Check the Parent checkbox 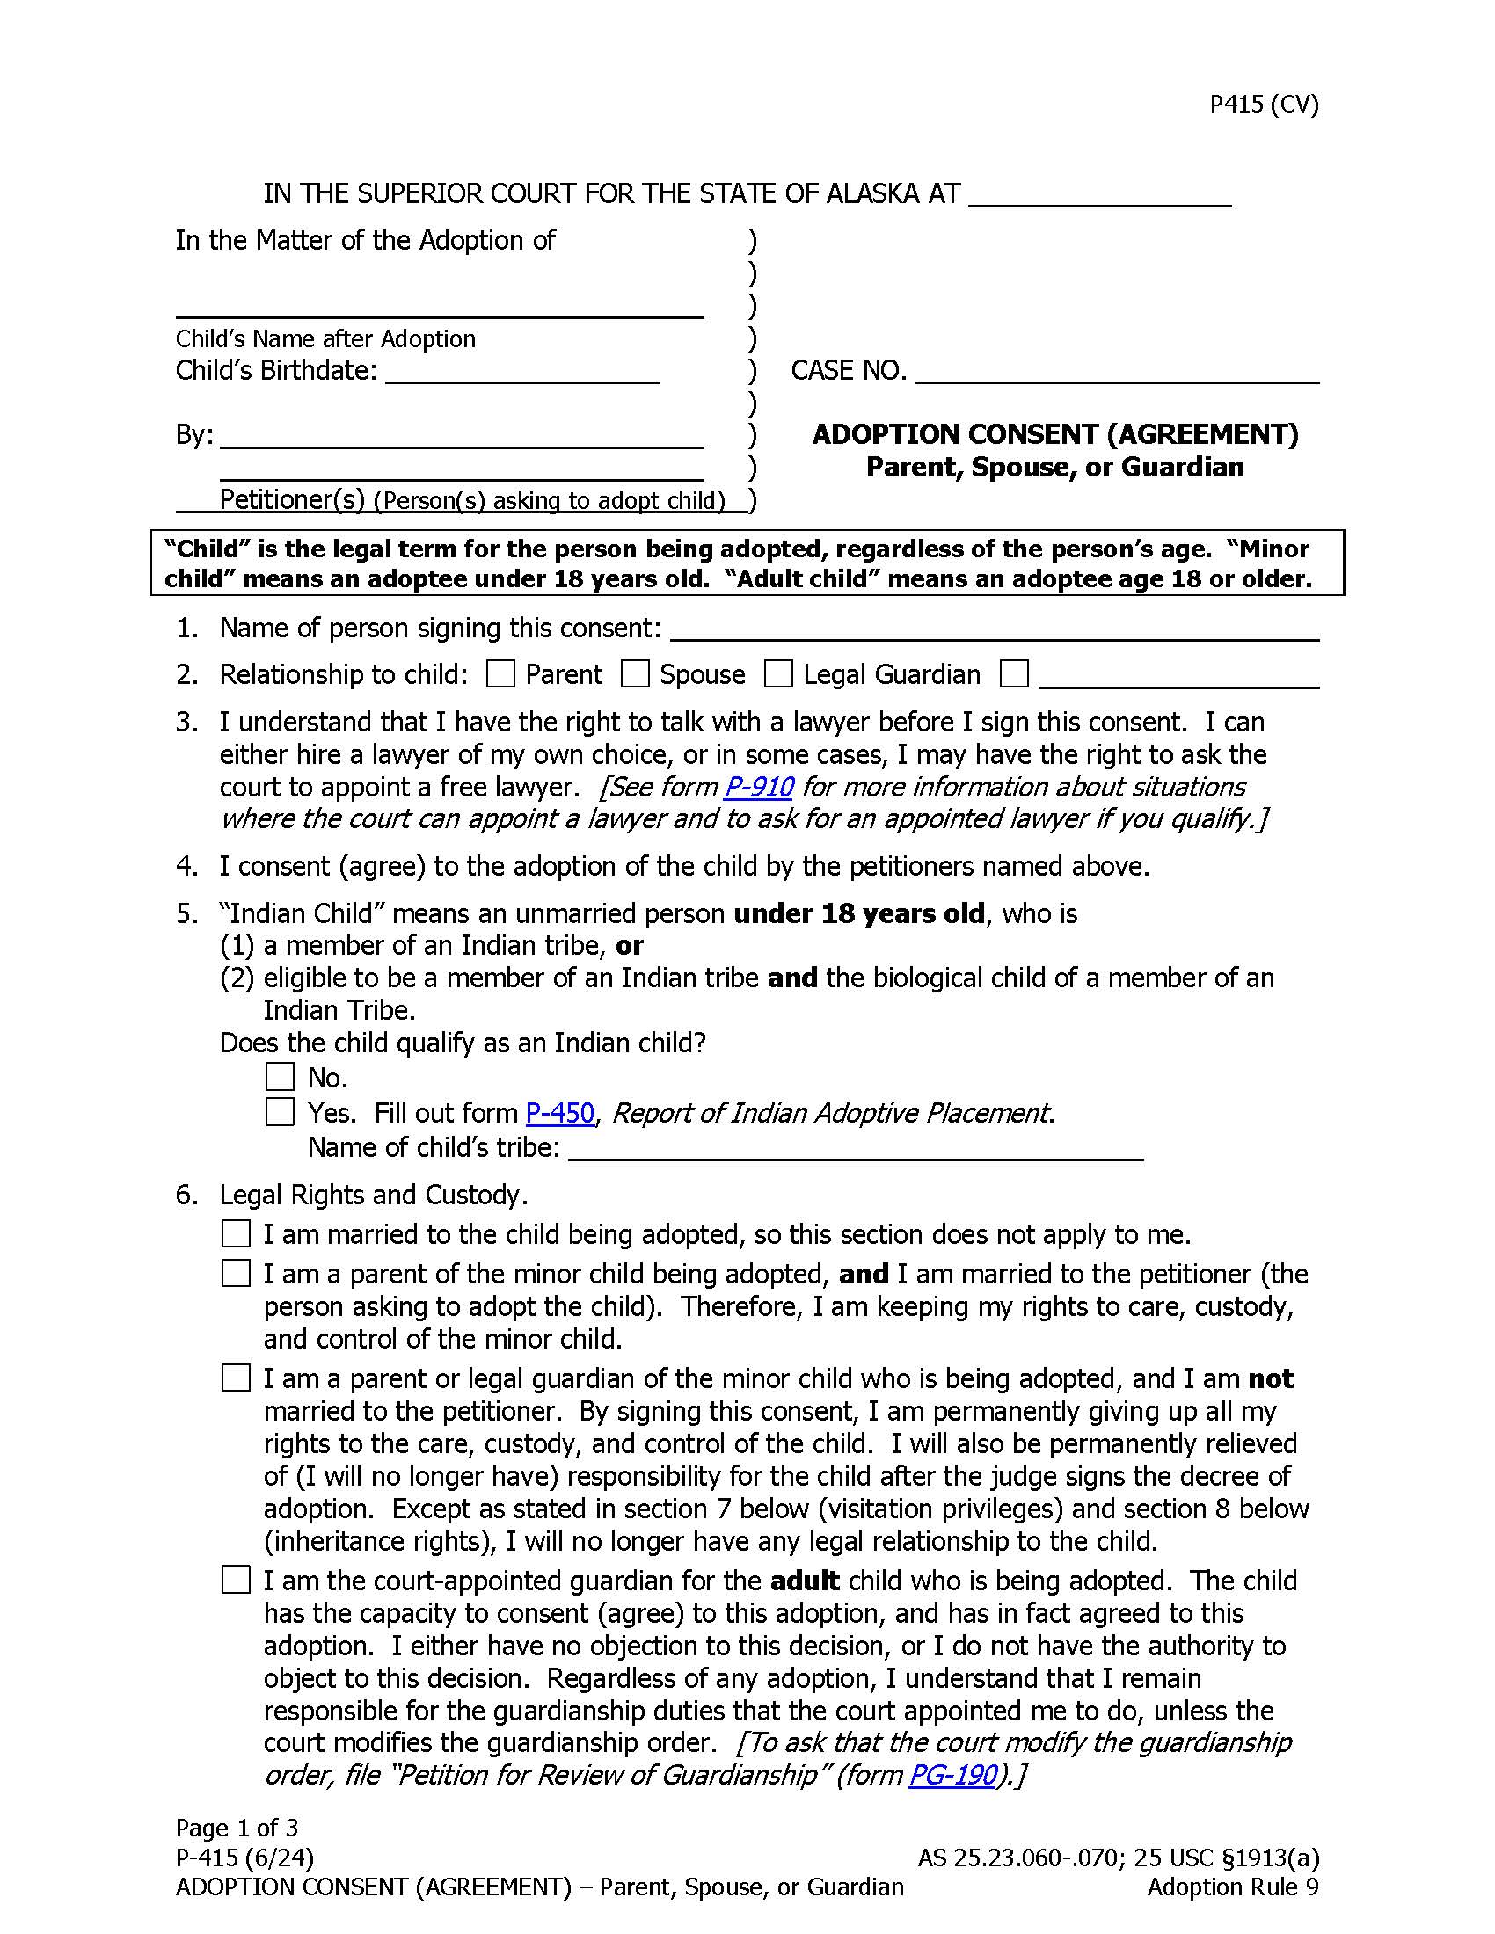click(500, 675)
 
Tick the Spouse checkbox click(635, 675)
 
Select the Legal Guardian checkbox click(777, 675)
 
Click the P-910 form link click(758, 788)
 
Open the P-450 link click(559, 1113)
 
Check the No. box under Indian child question click(280, 1077)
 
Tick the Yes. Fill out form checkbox click(280, 1112)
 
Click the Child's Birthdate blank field click(522, 372)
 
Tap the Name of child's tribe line click(856, 1150)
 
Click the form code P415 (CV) click(1264, 105)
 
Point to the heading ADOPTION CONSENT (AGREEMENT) click(1054, 435)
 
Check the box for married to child click(236, 1233)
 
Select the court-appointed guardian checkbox click(236, 1581)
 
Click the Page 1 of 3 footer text click(237, 1828)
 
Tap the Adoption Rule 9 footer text click(1233, 1887)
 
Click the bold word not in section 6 click(1271, 1378)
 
